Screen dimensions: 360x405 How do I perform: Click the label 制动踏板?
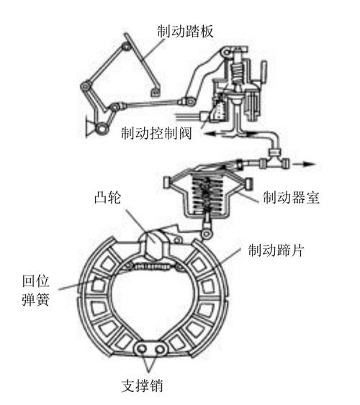[185, 31]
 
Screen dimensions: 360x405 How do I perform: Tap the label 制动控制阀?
[156, 134]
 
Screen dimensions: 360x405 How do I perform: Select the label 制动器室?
[291, 198]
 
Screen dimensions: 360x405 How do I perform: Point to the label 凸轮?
[107, 197]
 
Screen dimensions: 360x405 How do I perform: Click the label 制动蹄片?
[276, 250]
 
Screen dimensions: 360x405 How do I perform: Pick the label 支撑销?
[142, 386]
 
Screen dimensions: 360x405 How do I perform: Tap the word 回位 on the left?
[35, 281]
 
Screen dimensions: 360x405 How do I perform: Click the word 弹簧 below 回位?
[35, 300]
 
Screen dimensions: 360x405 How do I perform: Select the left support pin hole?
[141, 349]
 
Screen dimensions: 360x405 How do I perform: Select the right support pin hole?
[160, 350]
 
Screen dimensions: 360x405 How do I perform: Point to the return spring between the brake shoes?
[155, 266]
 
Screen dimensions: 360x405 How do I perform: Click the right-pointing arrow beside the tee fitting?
[305, 164]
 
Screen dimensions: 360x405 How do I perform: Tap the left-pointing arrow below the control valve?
[215, 133]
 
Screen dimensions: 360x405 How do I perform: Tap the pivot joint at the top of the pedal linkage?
[127, 46]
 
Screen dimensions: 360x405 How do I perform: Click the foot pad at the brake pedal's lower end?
[156, 92]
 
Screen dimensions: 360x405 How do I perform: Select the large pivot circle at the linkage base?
[101, 128]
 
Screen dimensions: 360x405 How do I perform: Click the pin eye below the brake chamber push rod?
[206, 234]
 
